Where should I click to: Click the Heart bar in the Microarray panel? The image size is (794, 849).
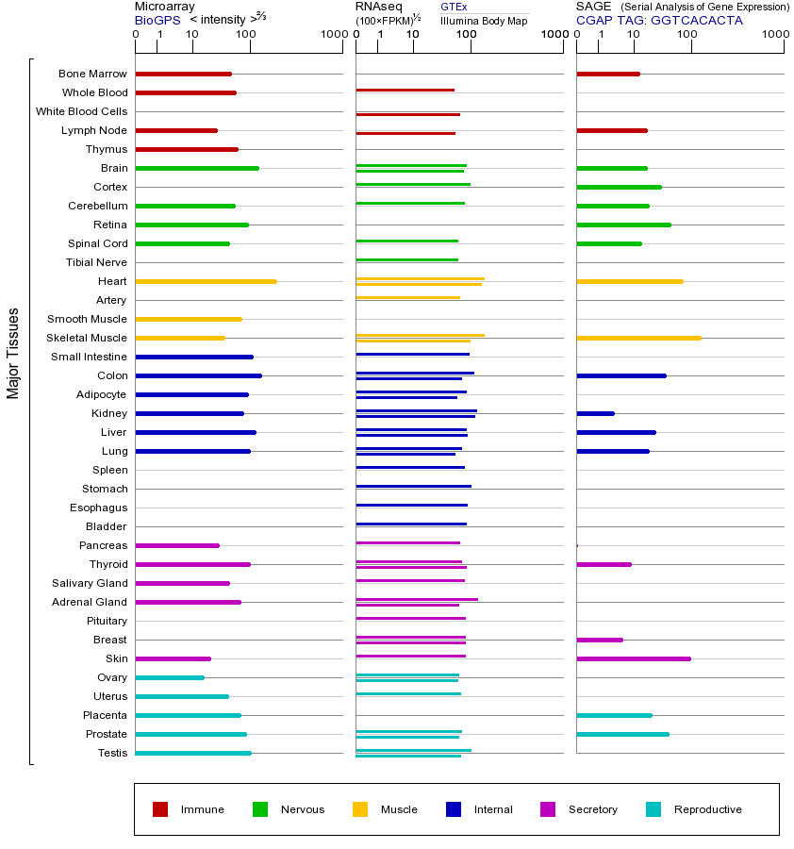206,281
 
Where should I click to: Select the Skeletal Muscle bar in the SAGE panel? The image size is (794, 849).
638,338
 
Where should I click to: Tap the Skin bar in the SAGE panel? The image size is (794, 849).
633,658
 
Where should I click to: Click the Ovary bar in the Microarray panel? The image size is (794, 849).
170,677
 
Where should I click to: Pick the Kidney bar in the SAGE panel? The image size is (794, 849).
595,413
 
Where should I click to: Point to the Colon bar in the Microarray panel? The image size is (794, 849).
198,375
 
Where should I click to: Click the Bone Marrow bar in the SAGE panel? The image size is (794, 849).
607,74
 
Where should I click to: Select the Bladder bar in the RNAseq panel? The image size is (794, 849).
411,524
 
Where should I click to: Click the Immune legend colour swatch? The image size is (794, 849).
160,809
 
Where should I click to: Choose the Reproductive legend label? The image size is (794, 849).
707,809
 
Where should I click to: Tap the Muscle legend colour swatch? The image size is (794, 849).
360,809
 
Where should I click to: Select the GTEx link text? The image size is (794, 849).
454,7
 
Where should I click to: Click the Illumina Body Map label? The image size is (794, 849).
484,20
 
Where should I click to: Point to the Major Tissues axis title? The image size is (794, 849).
13,353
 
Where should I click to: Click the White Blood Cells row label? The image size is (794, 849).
81,111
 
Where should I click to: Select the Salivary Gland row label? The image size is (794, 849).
90,583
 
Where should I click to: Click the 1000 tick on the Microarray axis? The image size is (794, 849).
333,35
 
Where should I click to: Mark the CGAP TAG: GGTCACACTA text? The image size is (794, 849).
659,20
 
